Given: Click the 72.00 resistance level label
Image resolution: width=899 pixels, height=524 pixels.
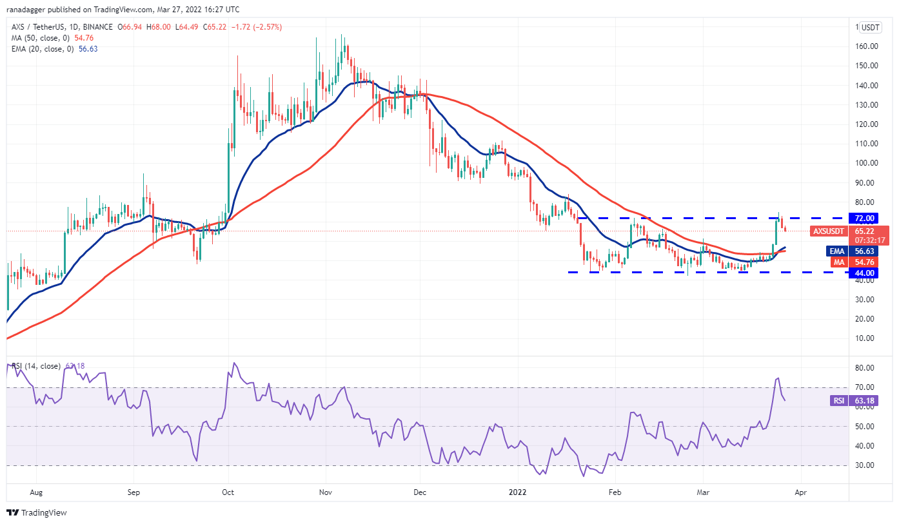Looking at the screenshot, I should (865, 218).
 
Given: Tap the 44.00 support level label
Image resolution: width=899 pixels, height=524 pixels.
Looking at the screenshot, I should (865, 273).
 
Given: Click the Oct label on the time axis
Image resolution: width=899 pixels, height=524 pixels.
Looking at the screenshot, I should (228, 492).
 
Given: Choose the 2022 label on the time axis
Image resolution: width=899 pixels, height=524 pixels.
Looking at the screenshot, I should (518, 492).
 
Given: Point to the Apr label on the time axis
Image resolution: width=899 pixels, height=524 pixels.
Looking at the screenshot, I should (801, 492).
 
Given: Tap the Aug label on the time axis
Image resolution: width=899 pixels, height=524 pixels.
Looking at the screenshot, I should (36, 492).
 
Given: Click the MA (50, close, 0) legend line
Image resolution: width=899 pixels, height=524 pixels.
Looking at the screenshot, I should (52, 38).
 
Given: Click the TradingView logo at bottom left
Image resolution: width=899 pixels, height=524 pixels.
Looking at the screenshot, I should (37, 512).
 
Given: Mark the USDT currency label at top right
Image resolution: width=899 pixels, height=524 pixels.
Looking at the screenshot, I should (871, 28).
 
